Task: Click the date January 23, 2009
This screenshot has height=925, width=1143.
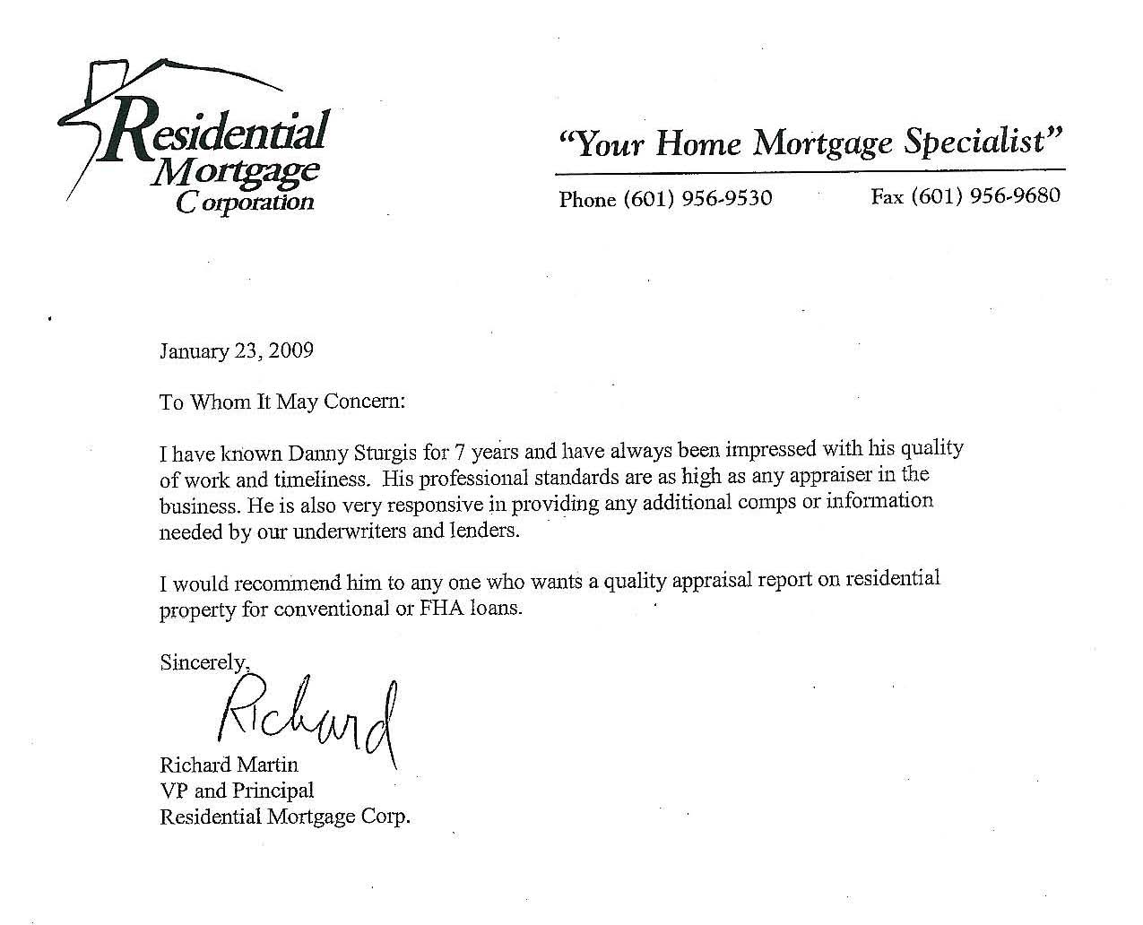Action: [x=236, y=350]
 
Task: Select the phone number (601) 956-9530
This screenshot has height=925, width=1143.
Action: [x=665, y=198]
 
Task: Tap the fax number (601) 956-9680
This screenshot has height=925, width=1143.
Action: [x=965, y=195]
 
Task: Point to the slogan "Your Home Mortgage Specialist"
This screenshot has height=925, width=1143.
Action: [x=810, y=142]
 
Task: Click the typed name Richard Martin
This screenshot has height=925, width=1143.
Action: [x=229, y=765]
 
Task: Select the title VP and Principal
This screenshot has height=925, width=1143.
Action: [x=237, y=791]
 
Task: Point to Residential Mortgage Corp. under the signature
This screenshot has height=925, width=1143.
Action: [x=284, y=817]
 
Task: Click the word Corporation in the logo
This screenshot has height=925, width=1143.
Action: [x=245, y=201]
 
